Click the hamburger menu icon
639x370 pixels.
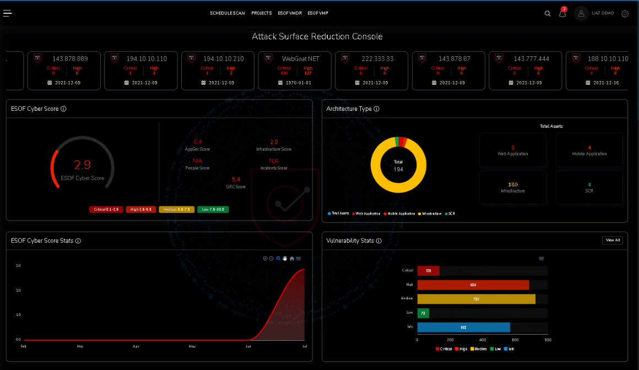(8, 13)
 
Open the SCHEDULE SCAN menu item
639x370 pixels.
(227, 13)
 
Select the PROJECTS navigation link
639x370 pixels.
(261, 13)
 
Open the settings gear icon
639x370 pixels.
(625, 14)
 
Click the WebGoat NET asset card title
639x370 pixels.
(300, 58)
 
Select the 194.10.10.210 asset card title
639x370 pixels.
(224, 58)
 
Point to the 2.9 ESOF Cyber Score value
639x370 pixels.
(83, 165)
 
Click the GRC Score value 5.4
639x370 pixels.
(236, 179)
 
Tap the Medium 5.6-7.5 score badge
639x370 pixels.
(176, 210)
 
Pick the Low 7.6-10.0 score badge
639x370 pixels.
(213, 210)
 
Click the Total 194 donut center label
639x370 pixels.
(398, 165)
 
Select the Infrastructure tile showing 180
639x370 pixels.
(512, 187)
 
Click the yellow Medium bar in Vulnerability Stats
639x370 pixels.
(476, 299)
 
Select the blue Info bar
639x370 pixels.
(463, 327)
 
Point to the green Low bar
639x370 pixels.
(423, 313)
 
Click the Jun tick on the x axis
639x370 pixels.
(248, 346)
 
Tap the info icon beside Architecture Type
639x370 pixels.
(376, 109)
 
